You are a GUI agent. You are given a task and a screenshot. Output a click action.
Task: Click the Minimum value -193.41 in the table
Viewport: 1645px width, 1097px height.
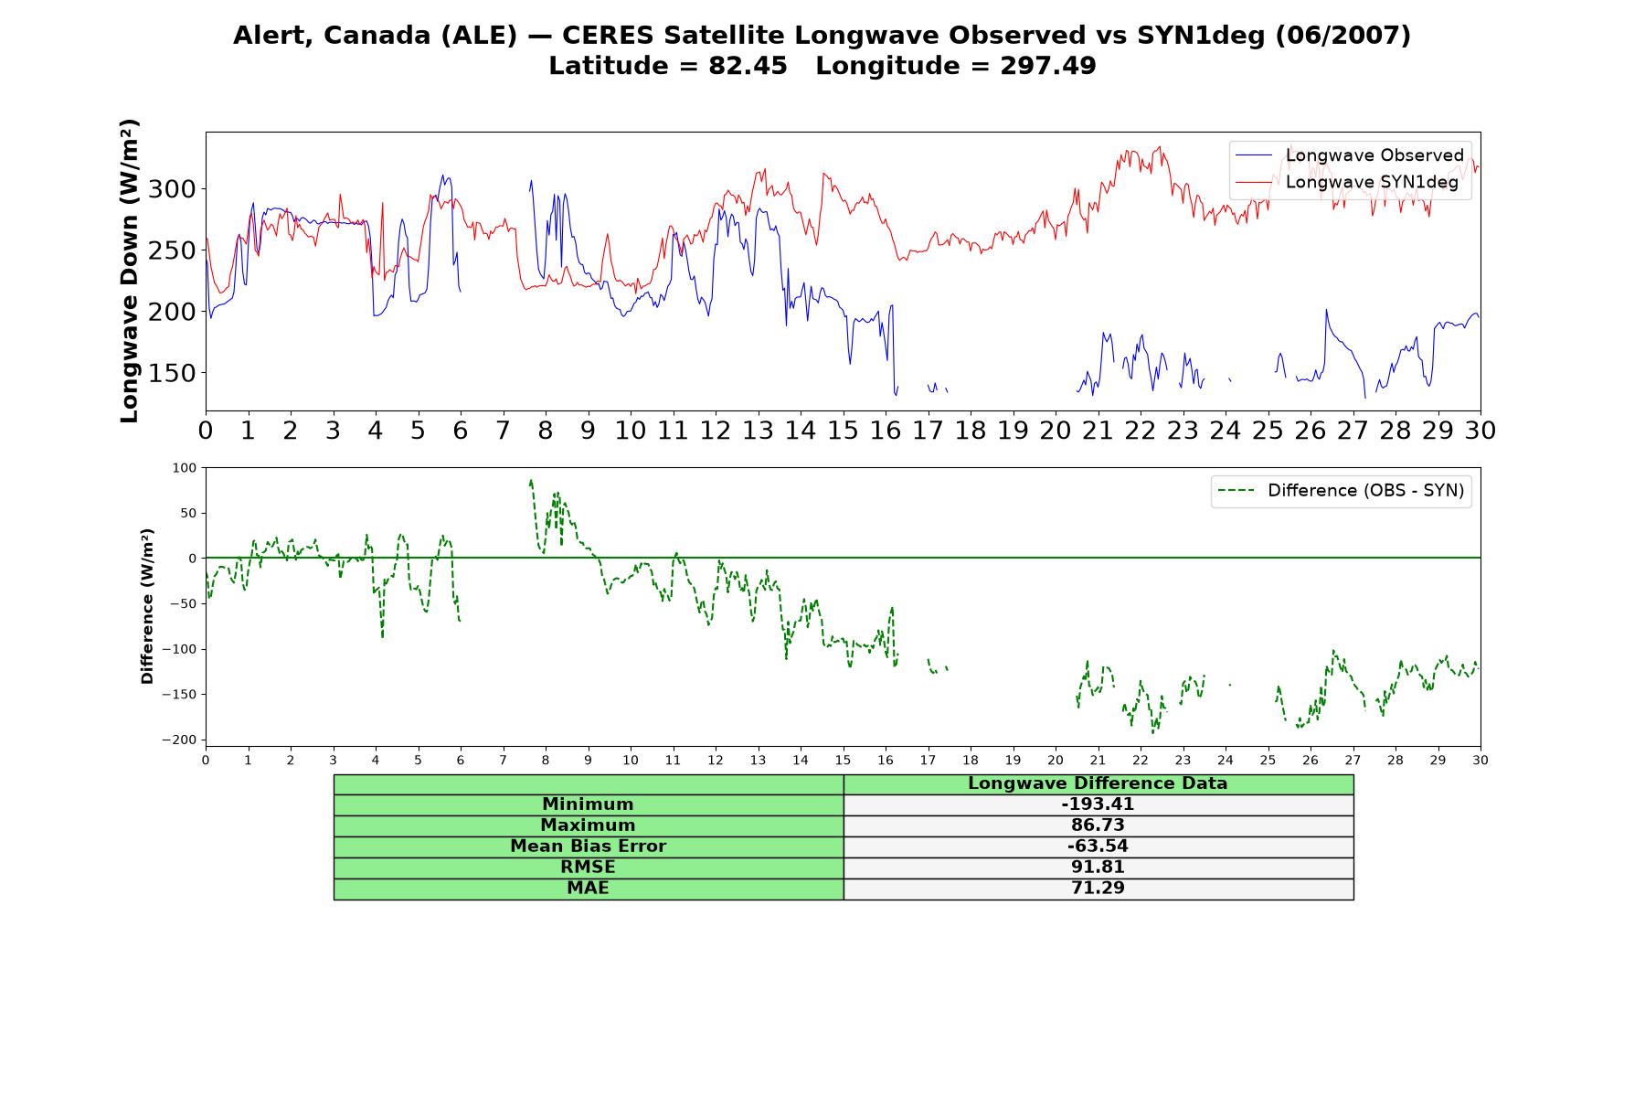pyautogui.click(x=1098, y=804)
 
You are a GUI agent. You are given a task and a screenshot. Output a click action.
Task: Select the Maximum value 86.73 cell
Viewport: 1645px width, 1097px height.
pyautogui.click(x=1098, y=825)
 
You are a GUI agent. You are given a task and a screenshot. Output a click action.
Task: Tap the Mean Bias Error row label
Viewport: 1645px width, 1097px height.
pyautogui.click(x=588, y=847)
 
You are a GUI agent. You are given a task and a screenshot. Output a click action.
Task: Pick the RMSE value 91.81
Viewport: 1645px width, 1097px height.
pyautogui.click(x=1098, y=868)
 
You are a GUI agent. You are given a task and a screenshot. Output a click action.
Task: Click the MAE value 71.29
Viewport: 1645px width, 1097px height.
pyautogui.click(x=1098, y=889)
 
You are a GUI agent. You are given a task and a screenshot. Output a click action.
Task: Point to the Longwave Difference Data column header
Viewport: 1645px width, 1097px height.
pyautogui.click(x=1098, y=783)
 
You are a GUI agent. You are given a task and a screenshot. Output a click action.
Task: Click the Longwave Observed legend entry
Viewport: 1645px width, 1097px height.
pyautogui.click(x=1350, y=155)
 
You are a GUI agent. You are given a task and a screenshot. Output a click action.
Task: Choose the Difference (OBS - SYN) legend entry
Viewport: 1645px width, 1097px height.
pyautogui.click(x=1342, y=491)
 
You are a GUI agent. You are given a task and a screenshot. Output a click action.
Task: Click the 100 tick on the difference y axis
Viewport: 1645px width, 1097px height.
pyautogui.click(x=185, y=468)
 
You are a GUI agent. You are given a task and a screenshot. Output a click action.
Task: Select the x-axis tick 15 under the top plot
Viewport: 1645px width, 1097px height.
pyautogui.click(x=843, y=431)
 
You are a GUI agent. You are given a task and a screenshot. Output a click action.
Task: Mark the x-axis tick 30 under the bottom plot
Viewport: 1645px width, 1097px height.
pyautogui.click(x=1480, y=760)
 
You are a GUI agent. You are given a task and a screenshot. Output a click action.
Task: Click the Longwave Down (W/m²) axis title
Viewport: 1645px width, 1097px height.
pyautogui.click(x=129, y=271)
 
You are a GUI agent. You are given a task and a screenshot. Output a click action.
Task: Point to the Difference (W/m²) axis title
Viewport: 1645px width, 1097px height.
pyautogui.click(x=147, y=606)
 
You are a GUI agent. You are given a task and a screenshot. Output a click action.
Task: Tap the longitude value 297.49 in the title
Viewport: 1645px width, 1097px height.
pyautogui.click(x=1048, y=66)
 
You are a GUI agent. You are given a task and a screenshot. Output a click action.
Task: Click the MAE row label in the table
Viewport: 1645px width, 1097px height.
pyautogui.click(x=588, y=889)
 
